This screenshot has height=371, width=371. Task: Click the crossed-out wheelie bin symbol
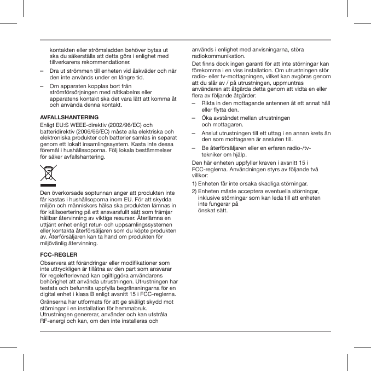48,173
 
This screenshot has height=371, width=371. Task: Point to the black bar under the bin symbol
48,186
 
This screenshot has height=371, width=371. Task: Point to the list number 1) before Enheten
194,183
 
